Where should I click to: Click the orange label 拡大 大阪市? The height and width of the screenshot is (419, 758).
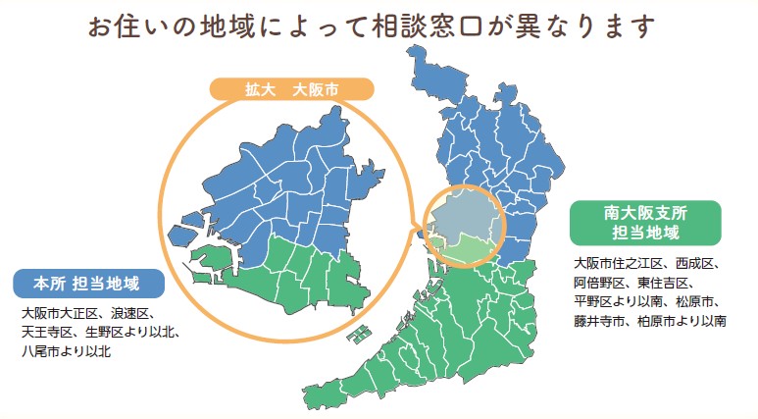coord(292,89)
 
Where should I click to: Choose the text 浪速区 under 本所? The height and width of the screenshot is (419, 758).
coord(129,314)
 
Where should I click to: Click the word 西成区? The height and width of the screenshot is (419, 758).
coord(697,264)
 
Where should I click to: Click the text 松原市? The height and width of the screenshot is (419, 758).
coord(698,301)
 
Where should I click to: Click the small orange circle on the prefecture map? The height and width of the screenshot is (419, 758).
coord(462,225)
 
